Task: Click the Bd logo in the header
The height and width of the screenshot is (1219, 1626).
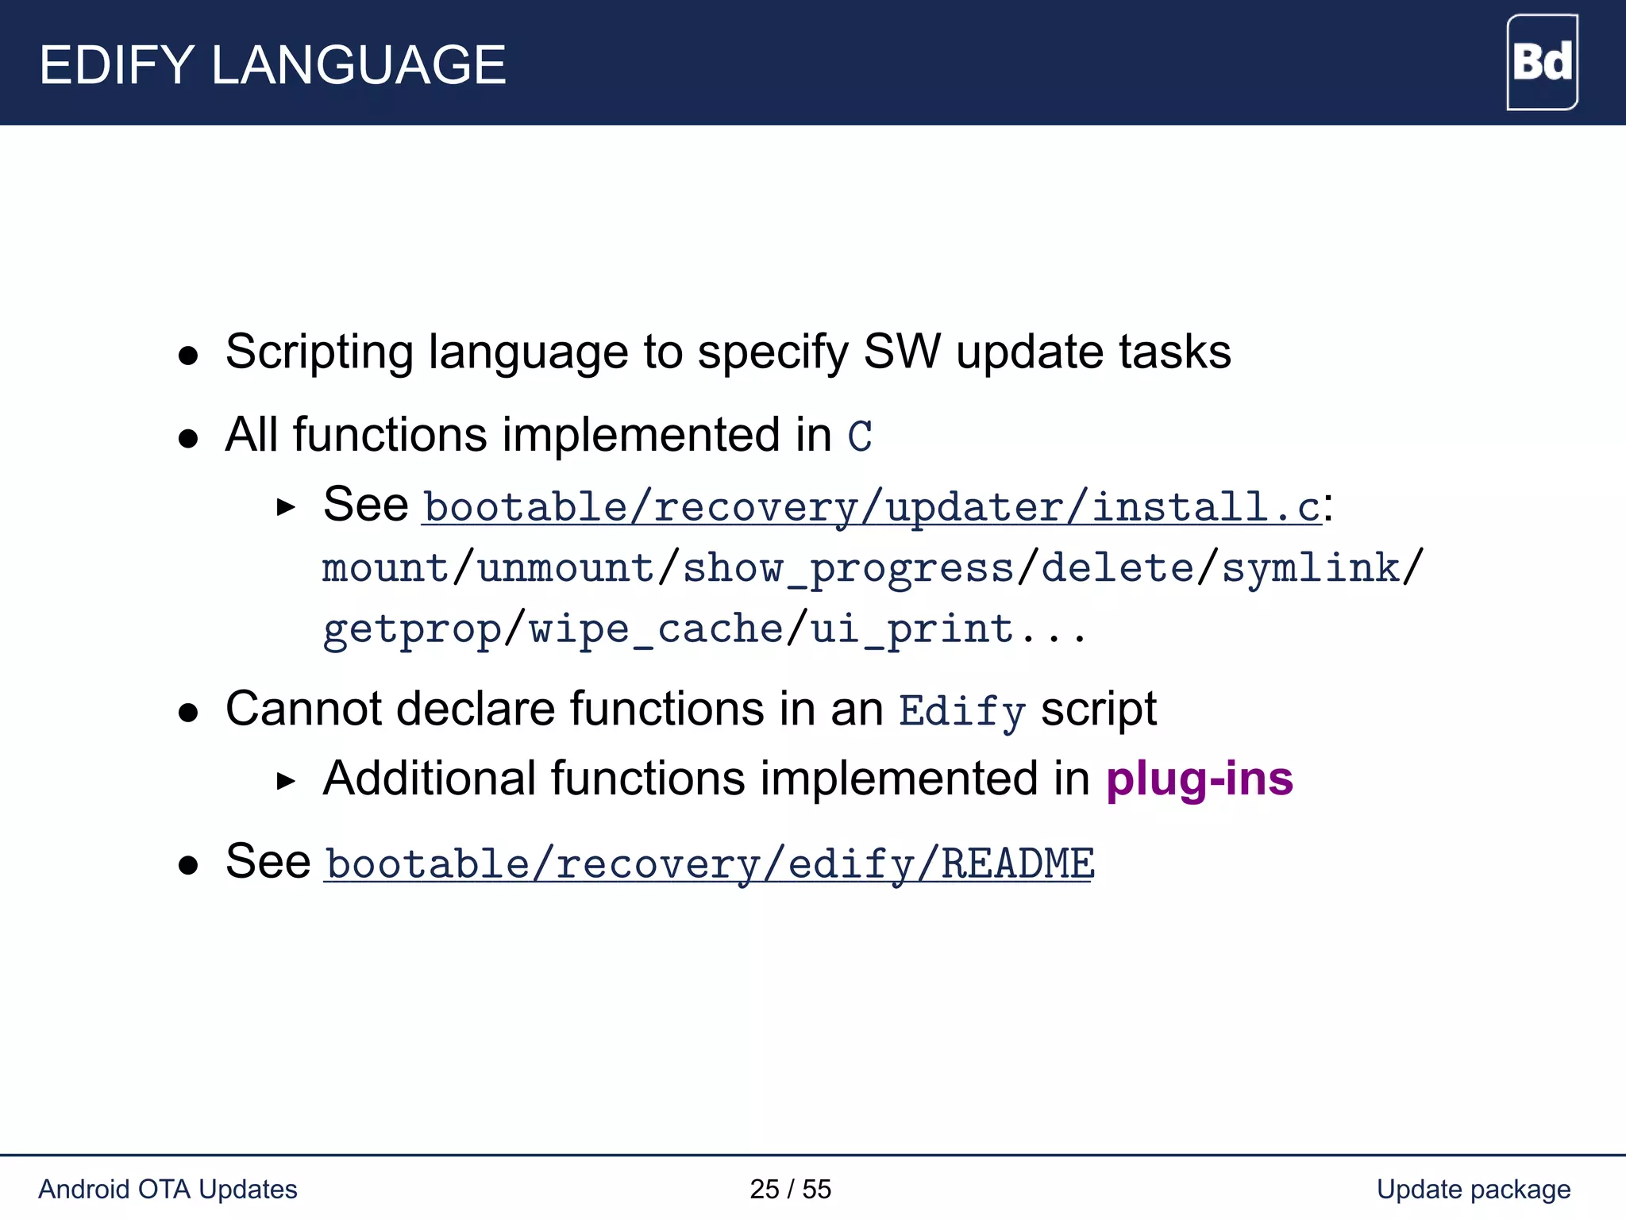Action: pyautogui.click(x=1541, y=62)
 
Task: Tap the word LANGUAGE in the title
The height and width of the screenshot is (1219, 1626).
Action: pyautogui.click(x=358, y=65)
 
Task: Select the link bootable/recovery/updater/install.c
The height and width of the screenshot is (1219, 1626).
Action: pyautogui.click(x=871, y=506)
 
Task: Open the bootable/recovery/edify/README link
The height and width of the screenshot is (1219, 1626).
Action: pyautogui.click(x=709, y=863)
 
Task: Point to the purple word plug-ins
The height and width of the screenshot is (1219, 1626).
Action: pyautogui.click(x=1199, y=779)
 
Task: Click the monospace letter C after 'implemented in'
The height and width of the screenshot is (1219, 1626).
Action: pyautogui.click(x=860, y=436)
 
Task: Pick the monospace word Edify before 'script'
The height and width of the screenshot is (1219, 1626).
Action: pyautogui.click(x=961, y=711)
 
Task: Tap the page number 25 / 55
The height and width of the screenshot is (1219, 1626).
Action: pyautogui.click(x=790, y=1189)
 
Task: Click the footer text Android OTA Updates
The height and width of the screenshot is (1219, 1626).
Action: pyautogui.click(x=168, y=1189)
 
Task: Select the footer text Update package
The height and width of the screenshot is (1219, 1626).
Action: pyautogui.click(x=1473, y=1189)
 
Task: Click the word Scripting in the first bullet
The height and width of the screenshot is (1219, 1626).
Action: pyautogui.click(x=319, y=352)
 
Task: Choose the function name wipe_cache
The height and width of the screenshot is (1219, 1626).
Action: pyautogui.click(x=657, y=630)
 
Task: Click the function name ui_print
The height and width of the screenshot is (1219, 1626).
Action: pyautogui.click(x=911, y=630)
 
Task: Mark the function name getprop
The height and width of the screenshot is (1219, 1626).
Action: pyautogui.click(x=412, y=630)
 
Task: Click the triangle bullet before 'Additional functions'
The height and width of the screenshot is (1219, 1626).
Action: pyautogui.click(x=286, y=782)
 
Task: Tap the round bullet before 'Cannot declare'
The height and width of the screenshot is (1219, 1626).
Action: pyautogui.click(x=188, y=712)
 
